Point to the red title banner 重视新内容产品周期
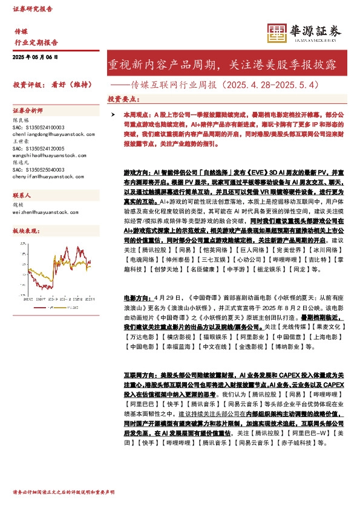(226, 63)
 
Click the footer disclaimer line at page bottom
(64, 493)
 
